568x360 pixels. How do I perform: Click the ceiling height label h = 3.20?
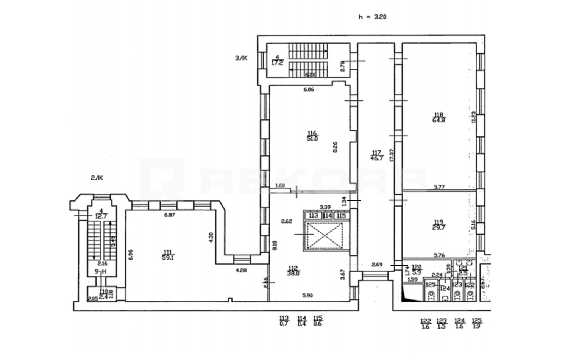point(372,17)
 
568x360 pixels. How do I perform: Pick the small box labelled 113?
point(313,216)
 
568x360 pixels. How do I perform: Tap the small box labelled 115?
point(341,216)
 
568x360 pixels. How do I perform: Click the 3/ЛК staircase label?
point(241,58)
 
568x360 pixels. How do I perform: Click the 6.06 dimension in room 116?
point(309,90)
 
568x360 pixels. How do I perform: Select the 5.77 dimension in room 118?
point(439,186)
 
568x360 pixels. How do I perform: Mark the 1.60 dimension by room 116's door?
point(279,186)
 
